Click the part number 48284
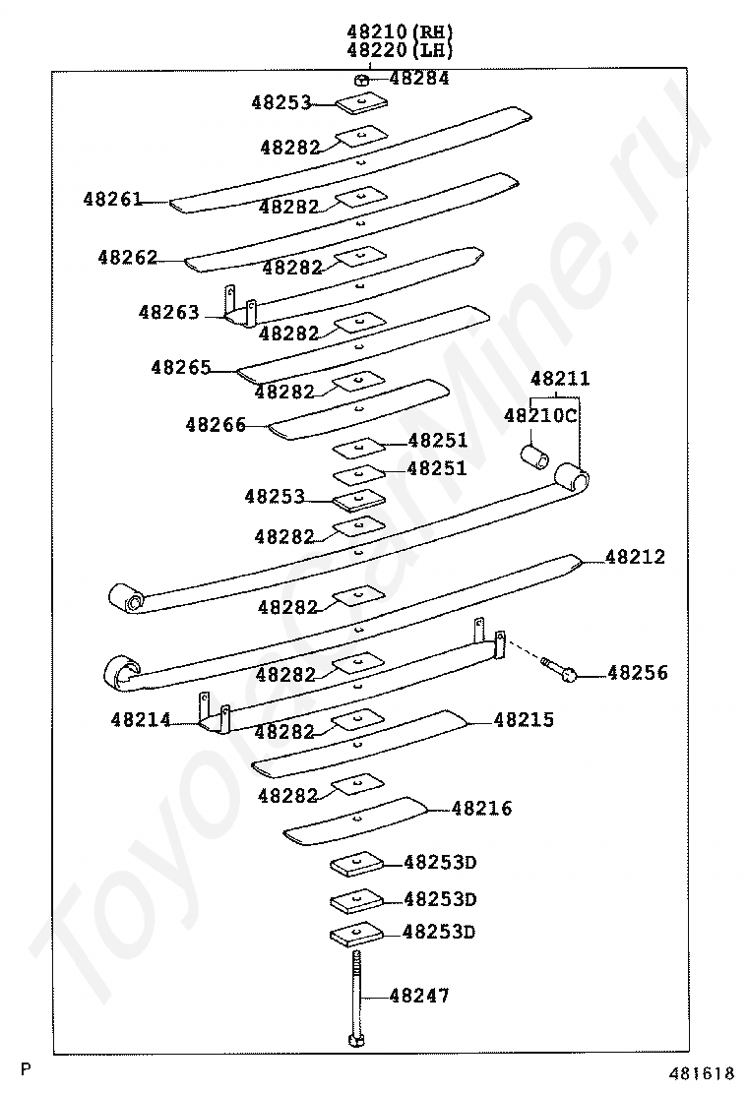(x=419, y=79)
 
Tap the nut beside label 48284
(x=362, y=80)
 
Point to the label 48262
(x=127, y=258)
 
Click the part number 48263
(x=168, y=313)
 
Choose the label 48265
(x=180, y=367)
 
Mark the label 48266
(x=215, y=425)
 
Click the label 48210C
(x=540, y=415)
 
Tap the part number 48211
(x=560, y=379)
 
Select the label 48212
(x=635, y=557)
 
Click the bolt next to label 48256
(x=559, y=670)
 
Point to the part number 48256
(x=637, y=673)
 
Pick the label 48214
(x=141, y=720)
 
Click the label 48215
(x=524, y=720)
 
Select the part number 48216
(x=482, y=809)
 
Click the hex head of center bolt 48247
(x=354, y=1039)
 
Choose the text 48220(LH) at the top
(x=400, y=51)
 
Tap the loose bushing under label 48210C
(x=534, y=456)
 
